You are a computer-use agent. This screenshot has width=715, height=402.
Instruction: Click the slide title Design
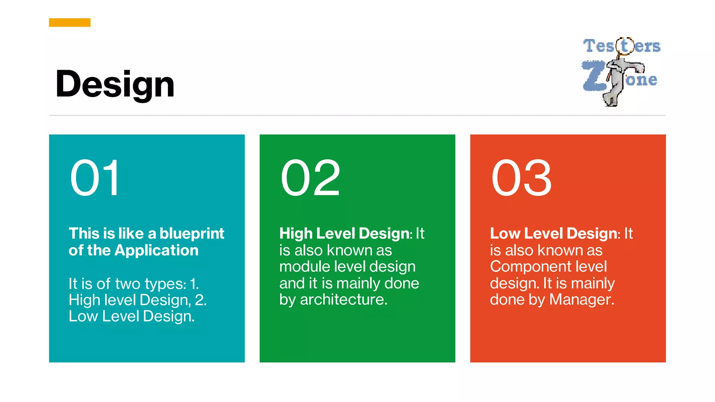tap(115, 84)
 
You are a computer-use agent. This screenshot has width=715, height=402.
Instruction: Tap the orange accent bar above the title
tap(70, 23)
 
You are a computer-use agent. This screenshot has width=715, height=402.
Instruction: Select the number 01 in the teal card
tap(95, 178)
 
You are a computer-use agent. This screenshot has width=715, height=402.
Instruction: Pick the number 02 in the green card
tap(310, 178)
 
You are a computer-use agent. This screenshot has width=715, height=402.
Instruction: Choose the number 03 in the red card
tap(521, 178)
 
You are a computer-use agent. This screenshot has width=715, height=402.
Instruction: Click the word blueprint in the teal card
tap(192, 233)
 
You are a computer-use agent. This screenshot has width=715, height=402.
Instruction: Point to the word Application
tap(156, 250)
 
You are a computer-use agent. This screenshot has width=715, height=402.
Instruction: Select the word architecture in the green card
tap(344, 300)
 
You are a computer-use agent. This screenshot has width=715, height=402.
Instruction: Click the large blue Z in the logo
tap(594, 76)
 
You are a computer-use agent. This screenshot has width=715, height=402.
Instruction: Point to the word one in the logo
tap(642, 80)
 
